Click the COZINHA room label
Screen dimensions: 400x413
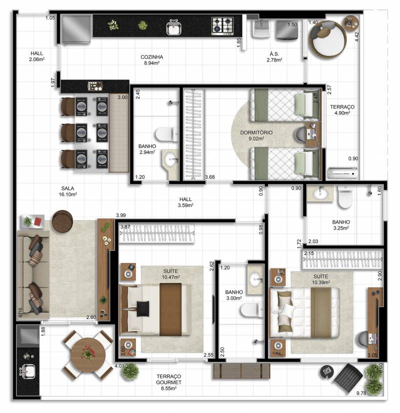point(151,57)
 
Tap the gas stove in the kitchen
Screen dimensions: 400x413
point(222,26)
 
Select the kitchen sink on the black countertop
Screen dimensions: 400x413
point(174,27)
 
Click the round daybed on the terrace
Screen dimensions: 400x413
point(327,38)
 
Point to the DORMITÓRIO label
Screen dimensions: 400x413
point(256,132)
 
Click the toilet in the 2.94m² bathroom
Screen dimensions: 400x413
point(166,134)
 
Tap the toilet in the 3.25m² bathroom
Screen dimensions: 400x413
point(344,197)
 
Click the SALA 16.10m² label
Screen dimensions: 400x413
point(67,191)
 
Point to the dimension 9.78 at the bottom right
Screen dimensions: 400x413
point(361,393)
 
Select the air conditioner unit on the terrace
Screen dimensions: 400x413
point(342,173)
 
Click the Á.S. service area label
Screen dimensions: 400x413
point(274,54)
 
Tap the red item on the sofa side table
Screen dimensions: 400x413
point(38,221)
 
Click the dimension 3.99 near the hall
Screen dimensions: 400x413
point(121,215)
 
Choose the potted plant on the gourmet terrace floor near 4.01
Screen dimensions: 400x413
point(130,371)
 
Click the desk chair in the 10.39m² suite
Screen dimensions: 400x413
point(361,339)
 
